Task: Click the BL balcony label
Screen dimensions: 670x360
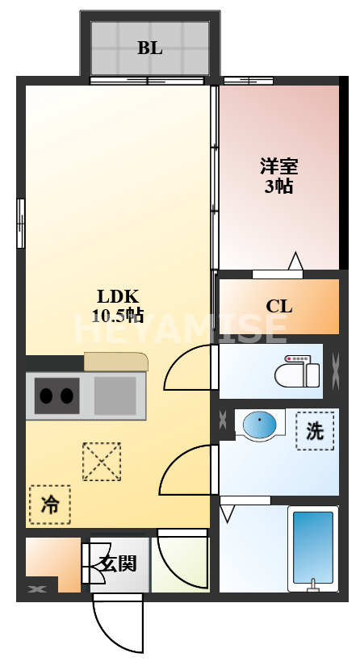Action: [x=149, y=48]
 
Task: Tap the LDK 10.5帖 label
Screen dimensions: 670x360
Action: [x=118, y=305]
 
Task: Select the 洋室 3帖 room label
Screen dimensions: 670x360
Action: [x=278, y=176]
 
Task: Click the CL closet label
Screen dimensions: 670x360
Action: [x=279, y=307]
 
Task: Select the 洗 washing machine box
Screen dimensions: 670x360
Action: [x=315, y=431]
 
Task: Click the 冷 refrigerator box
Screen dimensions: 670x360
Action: [x=49, y=505]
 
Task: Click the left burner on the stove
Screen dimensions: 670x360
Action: [x=47, y=396]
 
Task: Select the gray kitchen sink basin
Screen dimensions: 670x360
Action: [x=115, y=396]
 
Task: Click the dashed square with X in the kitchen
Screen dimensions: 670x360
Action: [x=101, y=462]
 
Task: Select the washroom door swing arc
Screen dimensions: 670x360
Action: [x=187, y=471]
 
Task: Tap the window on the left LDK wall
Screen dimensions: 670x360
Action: [x=21, y=224]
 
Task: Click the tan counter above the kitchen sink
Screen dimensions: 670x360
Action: [x=116, y=361]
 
